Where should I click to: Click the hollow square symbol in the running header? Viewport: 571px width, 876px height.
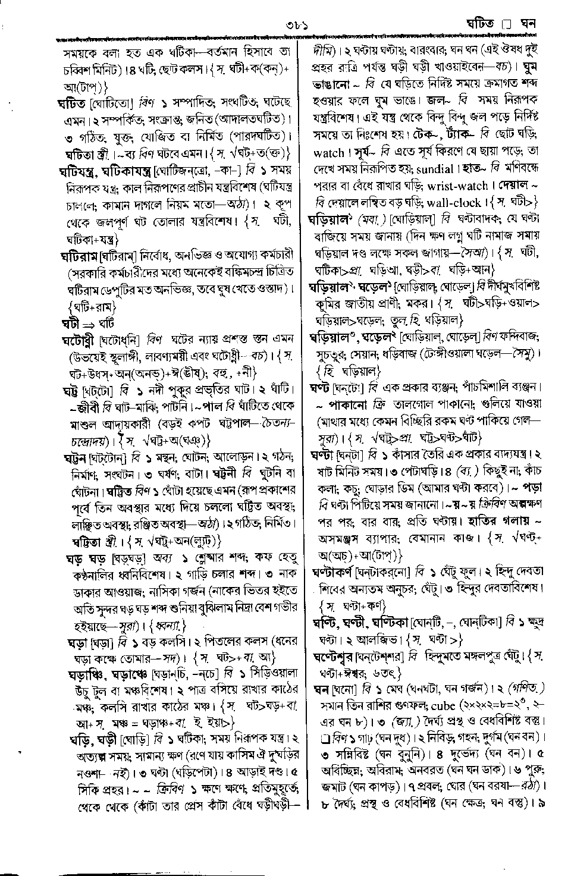click(506, 25)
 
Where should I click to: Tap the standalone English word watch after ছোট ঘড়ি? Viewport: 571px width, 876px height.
click(328, 152)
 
